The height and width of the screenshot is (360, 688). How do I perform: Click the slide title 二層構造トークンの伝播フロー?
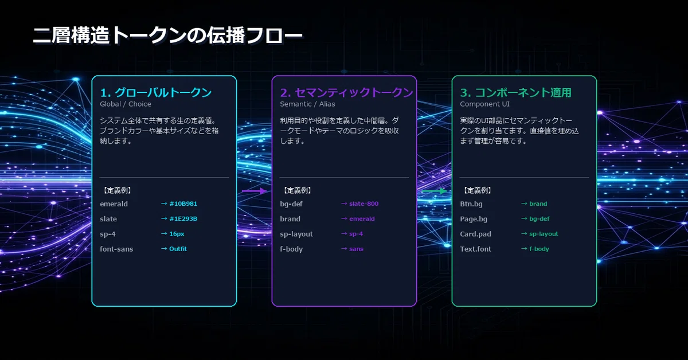coord(167,36)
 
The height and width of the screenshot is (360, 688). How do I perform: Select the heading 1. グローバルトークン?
coord(156,92)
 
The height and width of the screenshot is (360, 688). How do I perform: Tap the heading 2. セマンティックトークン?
coord(346,92)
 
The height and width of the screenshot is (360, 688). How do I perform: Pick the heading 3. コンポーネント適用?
coord(515,92)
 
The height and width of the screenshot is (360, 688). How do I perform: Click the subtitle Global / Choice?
coord(126,104)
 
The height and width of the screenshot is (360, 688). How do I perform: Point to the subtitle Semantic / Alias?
coord(307,104)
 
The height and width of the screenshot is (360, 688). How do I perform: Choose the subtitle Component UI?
coord(484,104)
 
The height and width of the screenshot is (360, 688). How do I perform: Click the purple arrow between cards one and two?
coord(254,191)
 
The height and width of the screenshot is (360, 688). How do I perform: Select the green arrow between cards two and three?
coord(434,191)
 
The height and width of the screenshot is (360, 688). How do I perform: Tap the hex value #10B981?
coord(183,204)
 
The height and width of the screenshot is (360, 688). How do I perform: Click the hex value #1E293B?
coord(183,219)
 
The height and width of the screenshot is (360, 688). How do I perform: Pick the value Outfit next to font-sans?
coord(178,249)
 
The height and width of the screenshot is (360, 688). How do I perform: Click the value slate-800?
coord(363,204)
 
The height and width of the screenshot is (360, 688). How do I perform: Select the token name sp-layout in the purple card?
coord(296,234)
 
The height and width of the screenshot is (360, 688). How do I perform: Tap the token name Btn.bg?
coord(471,204)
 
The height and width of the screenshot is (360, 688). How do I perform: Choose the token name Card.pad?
coord(475,234)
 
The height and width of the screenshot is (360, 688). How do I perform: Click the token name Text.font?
coord(475,249)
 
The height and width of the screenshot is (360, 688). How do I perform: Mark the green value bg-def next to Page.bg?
coord(540,219)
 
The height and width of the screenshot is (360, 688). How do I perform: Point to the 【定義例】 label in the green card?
coord(477,190)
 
